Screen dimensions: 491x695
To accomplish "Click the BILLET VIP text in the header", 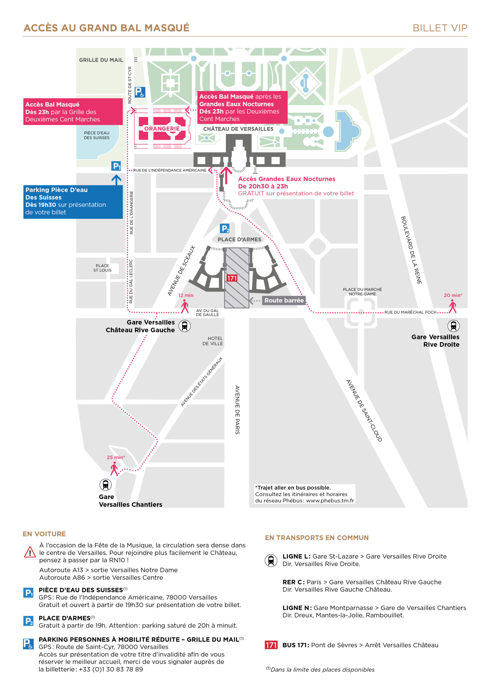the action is click(440, 28).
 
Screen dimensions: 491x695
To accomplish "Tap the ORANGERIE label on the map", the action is click(162, 129).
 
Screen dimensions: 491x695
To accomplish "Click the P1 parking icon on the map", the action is click(116, 166).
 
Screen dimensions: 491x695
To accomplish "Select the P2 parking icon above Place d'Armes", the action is click(224, 229).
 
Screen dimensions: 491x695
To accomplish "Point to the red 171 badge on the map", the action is click(232, 278).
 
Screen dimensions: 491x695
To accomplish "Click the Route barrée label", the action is click(284, 300).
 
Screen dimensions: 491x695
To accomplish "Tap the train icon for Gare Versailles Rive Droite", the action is click(453, 326).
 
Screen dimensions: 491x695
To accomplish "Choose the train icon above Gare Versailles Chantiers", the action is click(105, 485).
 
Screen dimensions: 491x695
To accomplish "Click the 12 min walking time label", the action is click(186, 295).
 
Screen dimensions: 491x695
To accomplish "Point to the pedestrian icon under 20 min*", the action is click(452, 306).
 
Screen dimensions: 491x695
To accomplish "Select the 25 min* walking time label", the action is click(116, 457).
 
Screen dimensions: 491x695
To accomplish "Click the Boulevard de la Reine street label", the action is click(411, 250).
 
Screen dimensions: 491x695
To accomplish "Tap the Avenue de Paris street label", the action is click(237, 410).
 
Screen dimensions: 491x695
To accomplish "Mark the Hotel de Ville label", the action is click(213, 341).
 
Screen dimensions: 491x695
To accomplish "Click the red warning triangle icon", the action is click(30, 552).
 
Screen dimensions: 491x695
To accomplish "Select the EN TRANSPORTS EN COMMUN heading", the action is click(317, 538).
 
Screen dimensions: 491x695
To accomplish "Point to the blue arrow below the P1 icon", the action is click(116, 180).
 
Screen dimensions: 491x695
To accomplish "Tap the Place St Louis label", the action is click(102, 268).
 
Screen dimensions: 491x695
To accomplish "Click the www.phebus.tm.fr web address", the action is click(330, 500).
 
